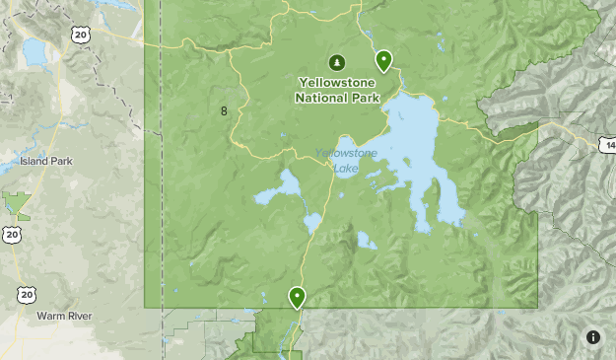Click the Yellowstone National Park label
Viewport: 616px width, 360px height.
coord(337,90)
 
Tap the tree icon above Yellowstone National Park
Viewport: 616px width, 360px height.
coord(337,62)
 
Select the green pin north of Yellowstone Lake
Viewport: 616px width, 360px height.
coord(383,59)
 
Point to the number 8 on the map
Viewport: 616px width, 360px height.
coord(224,110)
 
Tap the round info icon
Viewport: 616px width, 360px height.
coord(593,337)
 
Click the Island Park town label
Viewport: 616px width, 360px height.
coord(46,161)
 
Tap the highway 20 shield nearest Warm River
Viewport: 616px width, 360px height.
coord(27,295)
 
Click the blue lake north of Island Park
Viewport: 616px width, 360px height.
coord(34,51)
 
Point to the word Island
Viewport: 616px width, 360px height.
coord(34,161)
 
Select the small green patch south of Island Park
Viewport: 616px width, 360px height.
coord(17,204)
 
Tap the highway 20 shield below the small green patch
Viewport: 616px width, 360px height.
coord(11,234)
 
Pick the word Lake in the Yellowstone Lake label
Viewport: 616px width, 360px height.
coord(346,169)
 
